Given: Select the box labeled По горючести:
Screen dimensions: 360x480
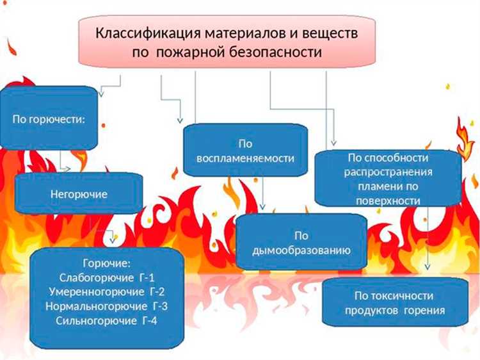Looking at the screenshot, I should point(49,119).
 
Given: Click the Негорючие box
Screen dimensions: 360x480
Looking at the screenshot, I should point(79,193).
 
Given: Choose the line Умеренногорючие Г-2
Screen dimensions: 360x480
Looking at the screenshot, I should point(106,291).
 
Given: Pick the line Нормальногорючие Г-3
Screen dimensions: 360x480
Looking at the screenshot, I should point(106,306).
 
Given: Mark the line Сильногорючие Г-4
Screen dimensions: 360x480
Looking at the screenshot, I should point(106,320).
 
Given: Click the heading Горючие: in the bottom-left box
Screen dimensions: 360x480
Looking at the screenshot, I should point(106,263).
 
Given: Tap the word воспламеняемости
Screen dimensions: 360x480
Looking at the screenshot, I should point(246,158).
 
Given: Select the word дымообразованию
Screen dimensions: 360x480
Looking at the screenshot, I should point(302,250).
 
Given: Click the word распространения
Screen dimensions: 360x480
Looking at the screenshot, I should point(388,172).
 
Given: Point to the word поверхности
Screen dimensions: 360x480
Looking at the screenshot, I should point(388,200).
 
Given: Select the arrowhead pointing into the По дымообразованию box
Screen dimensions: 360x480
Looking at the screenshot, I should point(263,208).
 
